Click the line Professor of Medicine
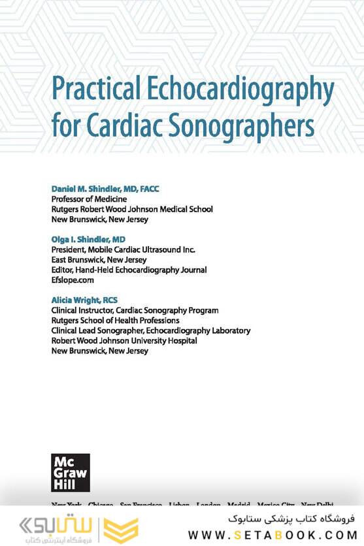pyautogui.click(x=89, y=199)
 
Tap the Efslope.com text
pyautogui.click(x=73, y=280)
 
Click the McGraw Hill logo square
pyautogui.click(x=71, y=472)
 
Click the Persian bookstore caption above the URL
pyautogui.click(x=291, y=519)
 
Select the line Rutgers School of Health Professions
pyautogui.click(x=115, y=321)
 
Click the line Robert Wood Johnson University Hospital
pyautogui.click(x=124, y=341)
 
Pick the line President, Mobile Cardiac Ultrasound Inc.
pyautogui.click(x=124, y=249)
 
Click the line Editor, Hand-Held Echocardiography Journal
pyautogui.click(x=129, y=270)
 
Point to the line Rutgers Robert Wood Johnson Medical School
pyautogui.click(x=132, y=209)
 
